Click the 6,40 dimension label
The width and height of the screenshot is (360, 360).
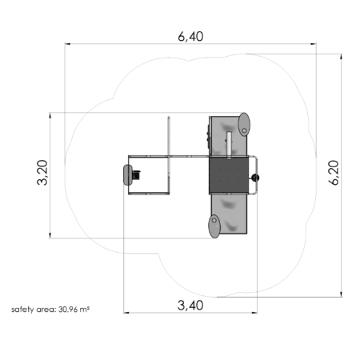click(x=190, y=37)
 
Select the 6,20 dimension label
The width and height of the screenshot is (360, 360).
click(x=334, y=173)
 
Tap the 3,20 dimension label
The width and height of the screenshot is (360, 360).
click(x=42, y=172)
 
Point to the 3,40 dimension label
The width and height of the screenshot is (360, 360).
click(x=190, y=306)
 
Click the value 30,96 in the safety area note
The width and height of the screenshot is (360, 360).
click(x=68, y=310)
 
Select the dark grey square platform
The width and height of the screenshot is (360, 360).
click(x=229, y=175)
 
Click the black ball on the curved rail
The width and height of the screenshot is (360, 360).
click(x=255, y=178)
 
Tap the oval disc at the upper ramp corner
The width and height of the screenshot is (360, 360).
click(x=244, y=124)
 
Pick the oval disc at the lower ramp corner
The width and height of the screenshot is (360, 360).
click(x=214, y=226)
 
